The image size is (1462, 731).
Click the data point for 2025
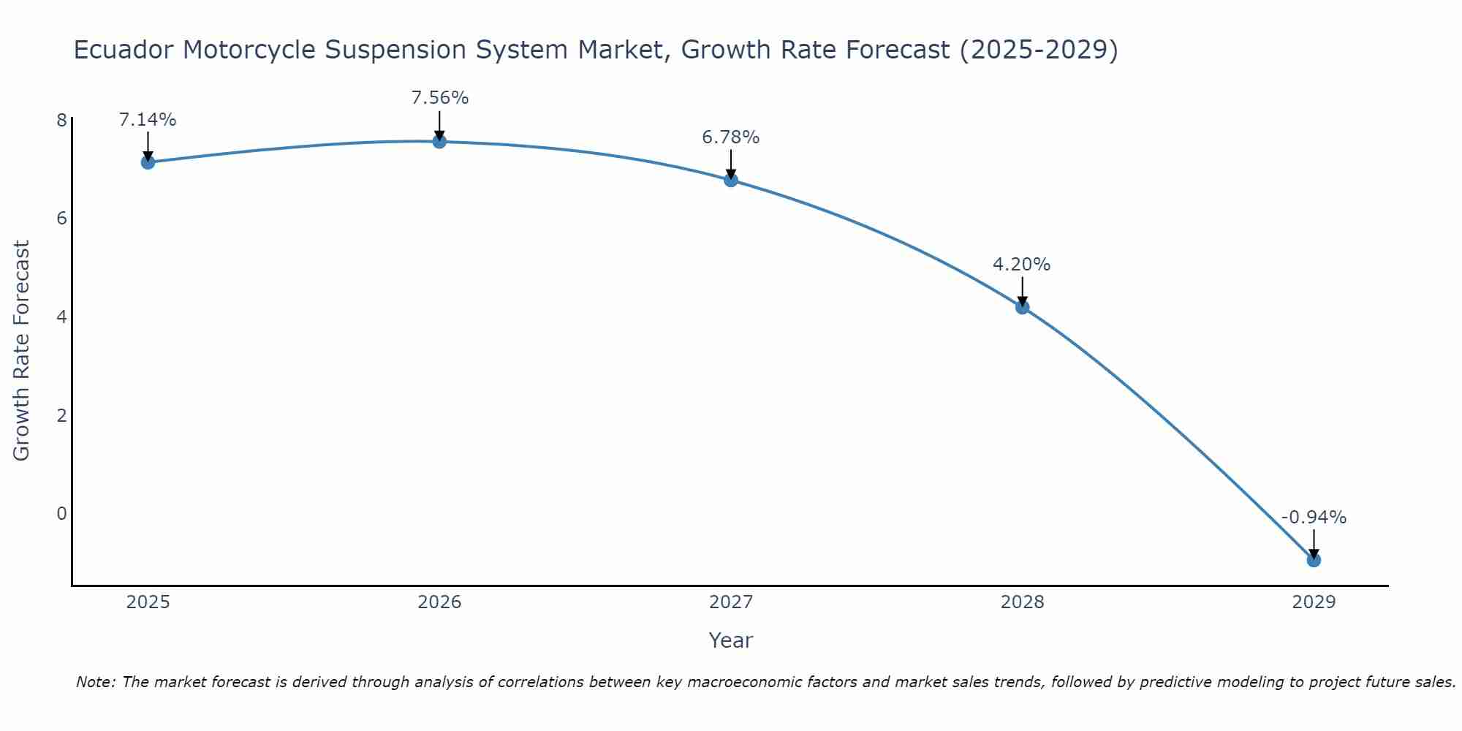[148, 162]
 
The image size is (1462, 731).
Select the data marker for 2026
[439, 141]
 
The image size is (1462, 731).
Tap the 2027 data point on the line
[731, 180]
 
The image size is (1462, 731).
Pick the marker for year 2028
[1022, 307]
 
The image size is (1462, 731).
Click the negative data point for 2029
[1314, 560]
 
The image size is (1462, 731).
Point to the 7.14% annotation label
[148, 120]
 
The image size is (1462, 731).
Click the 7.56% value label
[439, 98]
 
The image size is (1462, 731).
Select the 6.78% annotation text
[731, 137]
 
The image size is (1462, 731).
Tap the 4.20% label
[1021, 265]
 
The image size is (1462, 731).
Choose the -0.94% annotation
[1314, 518]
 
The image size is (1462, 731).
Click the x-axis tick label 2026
[439, 602]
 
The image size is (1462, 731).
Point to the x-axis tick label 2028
[1022, 602]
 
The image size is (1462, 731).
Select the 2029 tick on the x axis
[1314, 602]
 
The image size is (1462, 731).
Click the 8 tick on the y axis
[62, 120]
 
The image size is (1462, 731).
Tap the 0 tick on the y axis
[62, 513]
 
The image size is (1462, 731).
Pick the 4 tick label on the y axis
[62, 317]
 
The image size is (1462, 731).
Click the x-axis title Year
[730, 640]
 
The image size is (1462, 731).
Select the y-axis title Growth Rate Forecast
[22, 351]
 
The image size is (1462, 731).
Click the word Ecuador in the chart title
[124, 50]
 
